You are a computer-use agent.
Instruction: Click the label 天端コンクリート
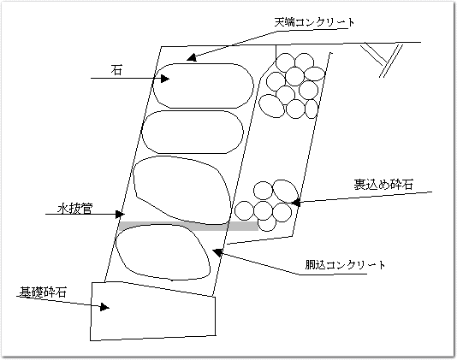pos(314,22)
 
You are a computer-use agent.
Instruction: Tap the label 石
pos(116,70)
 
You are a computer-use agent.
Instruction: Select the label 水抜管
pos(75,209)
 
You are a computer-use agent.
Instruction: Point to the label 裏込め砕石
pos(383,185)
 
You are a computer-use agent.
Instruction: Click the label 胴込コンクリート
pos(346,265)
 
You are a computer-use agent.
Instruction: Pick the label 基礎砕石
pos(43,292)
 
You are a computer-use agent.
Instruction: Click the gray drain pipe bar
pos(188,227)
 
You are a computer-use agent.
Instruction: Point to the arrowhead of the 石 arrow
pos(164,79)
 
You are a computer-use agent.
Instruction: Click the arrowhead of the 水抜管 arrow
pos(120,215)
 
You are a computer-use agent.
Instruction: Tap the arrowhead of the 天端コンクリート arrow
pos(192,57)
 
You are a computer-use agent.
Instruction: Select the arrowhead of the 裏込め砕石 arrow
pos(295,203)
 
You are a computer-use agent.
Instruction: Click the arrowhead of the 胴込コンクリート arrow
pos(217,252)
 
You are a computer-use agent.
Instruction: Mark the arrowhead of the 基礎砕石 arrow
pos(104,307)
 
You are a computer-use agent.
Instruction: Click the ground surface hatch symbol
pos(382,60)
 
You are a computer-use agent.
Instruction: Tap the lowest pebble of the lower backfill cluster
pos(267,224)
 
